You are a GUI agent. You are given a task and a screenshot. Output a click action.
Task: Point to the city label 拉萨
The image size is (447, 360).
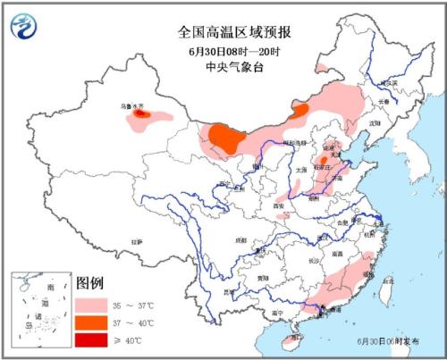click(135, 241)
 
